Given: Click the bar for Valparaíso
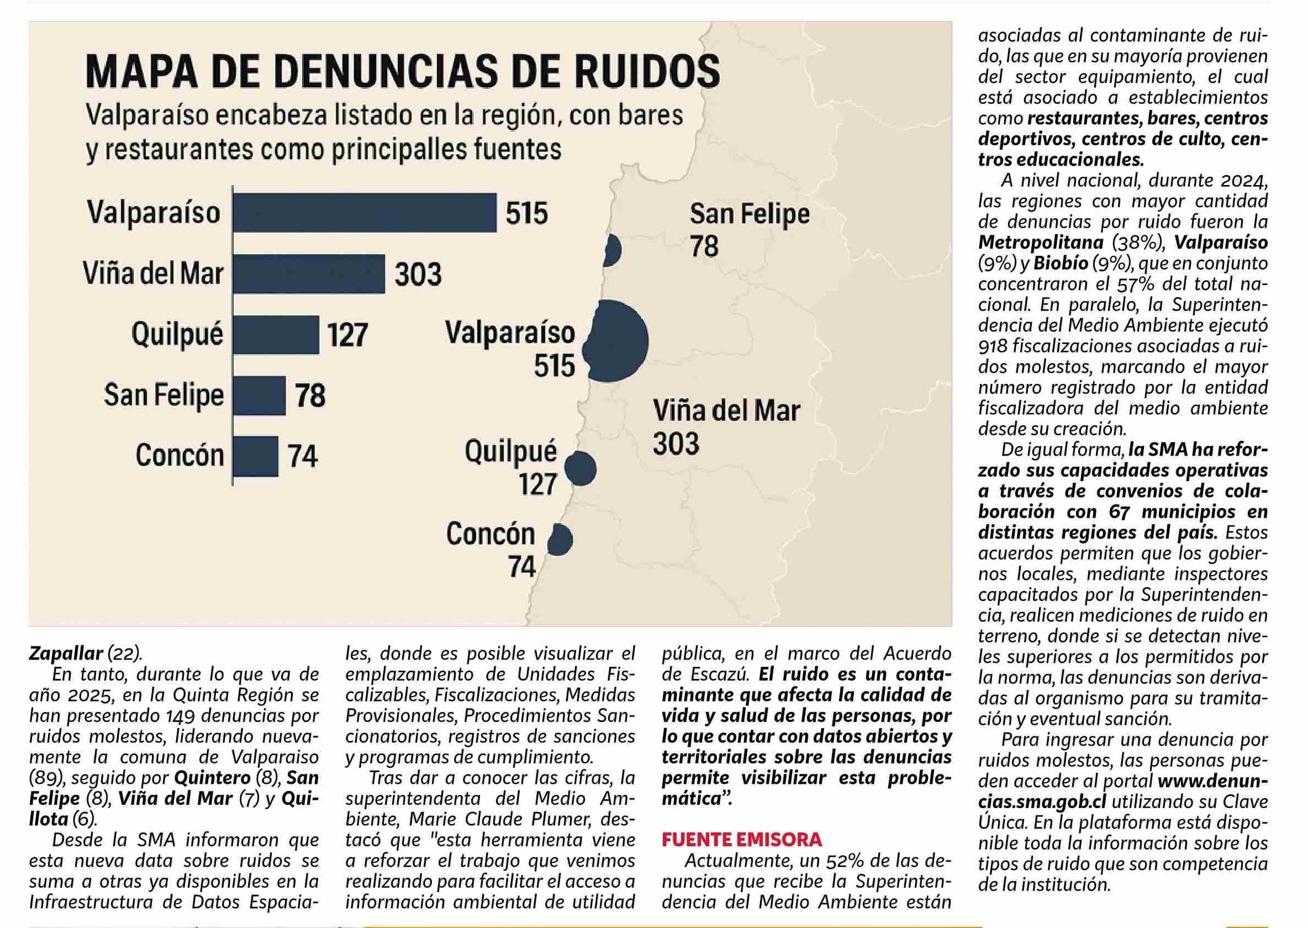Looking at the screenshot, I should pyautogui.click(x=365, y=213).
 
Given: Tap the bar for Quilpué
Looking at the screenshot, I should pyautogui.click(x=276, y=334).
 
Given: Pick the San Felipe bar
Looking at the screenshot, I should pyautogui.click(x=259, y=396).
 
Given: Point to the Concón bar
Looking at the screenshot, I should pyautogui.click(x=255, y=456).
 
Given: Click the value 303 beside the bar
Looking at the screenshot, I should pyautogui.click(x=418, y=275).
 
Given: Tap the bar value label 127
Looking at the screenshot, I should pyautogui.click(x=347, y=335).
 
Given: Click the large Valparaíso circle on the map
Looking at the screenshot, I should pyautogui.click(x=617, y=341).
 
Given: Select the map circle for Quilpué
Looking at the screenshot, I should pyautogui.click(x=581, y=468).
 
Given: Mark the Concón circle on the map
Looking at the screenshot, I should pyautogui.click(x=560, y=540).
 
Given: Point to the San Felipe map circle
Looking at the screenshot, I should pyautogui.click(x=613, y=250).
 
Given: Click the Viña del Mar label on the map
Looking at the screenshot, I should pyautogui.click(x=726, y=412).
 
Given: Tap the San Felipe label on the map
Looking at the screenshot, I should pyautogui.click(x=749, y=214).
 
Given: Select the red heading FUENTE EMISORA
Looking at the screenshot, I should pyautogui.click(x=742, y=840).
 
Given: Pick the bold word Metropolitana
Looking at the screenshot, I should pyautogui.click(x=1041, y=242).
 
